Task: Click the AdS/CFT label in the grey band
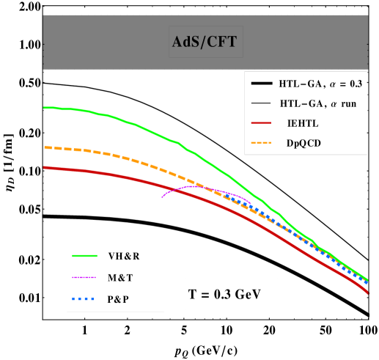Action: click(x=204, y=42)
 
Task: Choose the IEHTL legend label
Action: click(x=303, y=123)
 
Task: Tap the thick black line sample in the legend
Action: click(x=261, y=83)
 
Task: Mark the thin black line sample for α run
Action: click(x=261, y=103)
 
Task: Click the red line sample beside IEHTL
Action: click(x=261, y=123)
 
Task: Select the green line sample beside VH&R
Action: click(x=86, y=256)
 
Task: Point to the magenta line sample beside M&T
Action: click(x=86, y=277)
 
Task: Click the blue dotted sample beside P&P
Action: click(x=86, y=298)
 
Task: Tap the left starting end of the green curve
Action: click(x=45, y=108)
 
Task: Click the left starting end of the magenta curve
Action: click(x=162, y=197)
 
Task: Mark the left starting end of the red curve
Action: click(x=45, y=167)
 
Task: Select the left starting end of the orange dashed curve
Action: click(x=45, y=147)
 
